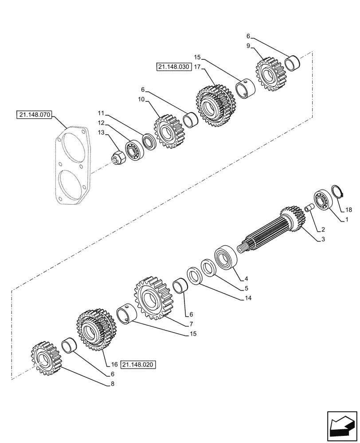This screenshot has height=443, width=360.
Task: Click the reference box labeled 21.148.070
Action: coord(34,116)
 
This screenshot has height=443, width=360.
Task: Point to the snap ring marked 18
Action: coord(338,191)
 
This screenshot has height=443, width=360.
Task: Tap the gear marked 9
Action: coord(269,75)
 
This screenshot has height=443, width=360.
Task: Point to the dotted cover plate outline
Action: coord(73,166)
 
